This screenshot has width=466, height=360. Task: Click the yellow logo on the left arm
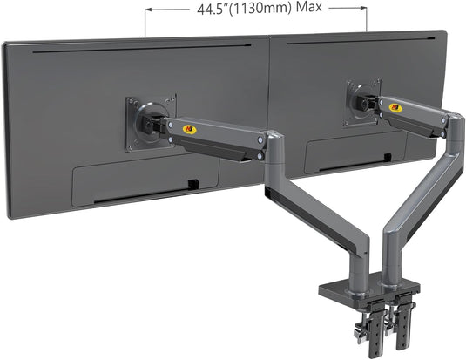189,131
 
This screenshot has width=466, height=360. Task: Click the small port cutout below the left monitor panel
192,183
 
